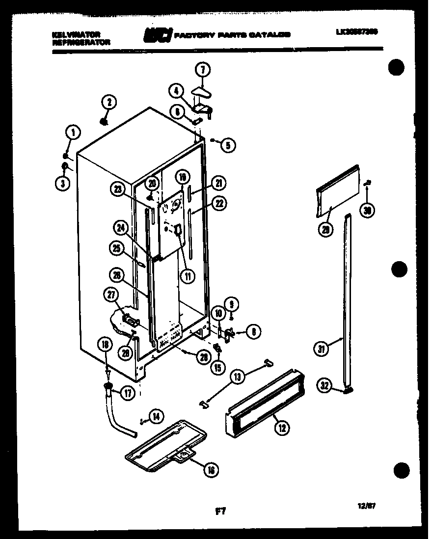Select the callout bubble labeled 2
point(108,102)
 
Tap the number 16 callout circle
point(212,470)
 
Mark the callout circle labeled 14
point(156,417)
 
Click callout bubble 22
point(219,202)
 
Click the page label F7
point(220,512)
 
